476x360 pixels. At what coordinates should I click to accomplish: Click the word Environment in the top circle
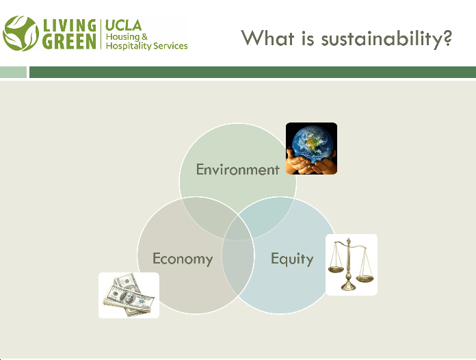coord(238,170)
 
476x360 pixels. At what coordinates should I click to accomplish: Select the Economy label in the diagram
coord(183,259)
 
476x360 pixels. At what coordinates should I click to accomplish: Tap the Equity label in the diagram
coord(292,259)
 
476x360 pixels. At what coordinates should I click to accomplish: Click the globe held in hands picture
coord(311,149)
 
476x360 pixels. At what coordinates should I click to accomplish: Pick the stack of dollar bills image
coord(129,295)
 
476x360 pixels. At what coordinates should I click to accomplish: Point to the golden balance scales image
coord(352,264)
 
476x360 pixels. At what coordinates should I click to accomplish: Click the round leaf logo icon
coord(21,34)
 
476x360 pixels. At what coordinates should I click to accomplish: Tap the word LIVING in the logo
coord(70,25)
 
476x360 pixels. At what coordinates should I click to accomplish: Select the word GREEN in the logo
coord(69,42)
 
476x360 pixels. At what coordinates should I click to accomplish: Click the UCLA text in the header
coord(123,25)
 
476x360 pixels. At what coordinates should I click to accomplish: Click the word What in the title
coord(268,38)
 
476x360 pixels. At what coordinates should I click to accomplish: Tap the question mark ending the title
coord(447,38)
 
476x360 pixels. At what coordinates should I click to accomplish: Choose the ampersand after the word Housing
coord(144,37)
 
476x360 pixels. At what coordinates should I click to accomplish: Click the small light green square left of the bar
coord(14,72)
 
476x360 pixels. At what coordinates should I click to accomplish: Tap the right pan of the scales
coord(365,279)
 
